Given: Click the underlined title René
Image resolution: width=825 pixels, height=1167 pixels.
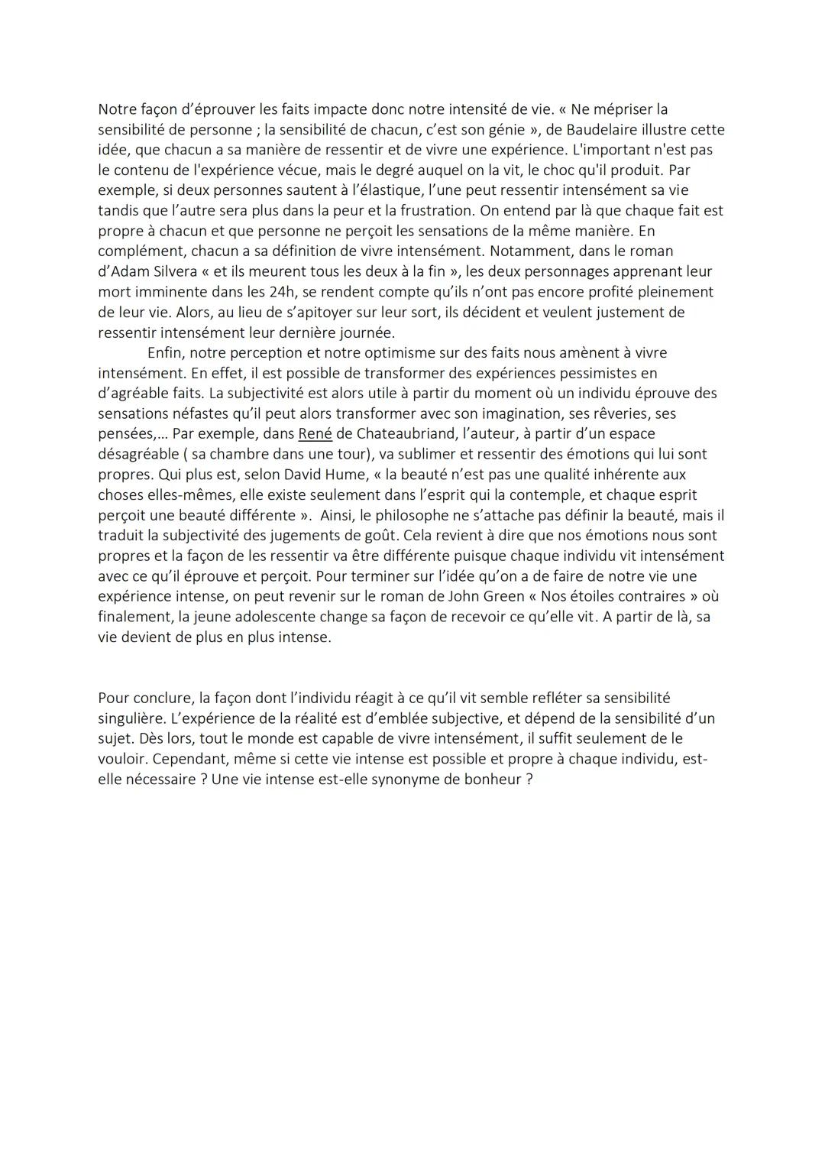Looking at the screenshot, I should click(315, 433).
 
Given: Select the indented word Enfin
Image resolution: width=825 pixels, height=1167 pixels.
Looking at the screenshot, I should click(165, 352).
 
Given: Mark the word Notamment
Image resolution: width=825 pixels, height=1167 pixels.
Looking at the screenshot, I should click(527, 251).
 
